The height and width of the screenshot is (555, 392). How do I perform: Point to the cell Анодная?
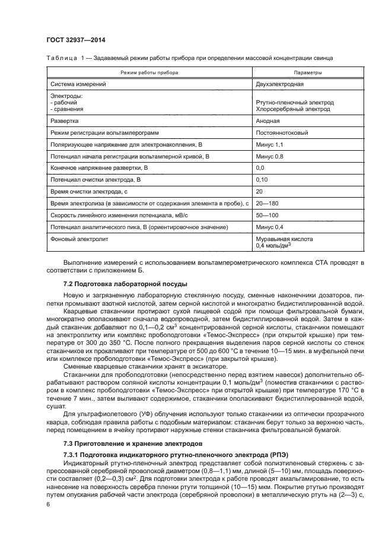tap(268, 120)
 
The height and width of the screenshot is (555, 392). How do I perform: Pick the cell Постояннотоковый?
tap(282, 132)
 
